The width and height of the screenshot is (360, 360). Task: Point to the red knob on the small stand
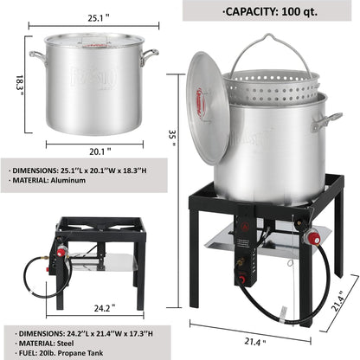pos(61,252)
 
